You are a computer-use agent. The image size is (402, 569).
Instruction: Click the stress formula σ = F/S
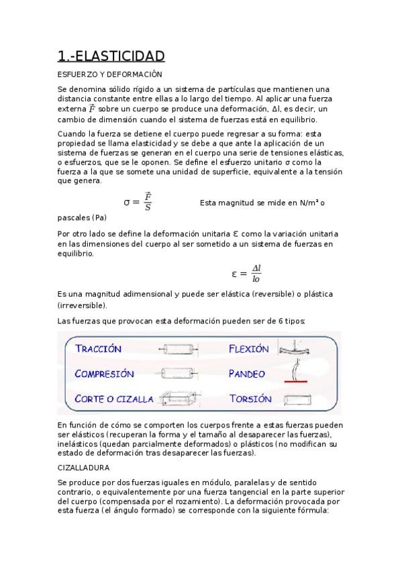point(139,201)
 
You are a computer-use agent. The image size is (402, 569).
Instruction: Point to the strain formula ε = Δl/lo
point(246,273)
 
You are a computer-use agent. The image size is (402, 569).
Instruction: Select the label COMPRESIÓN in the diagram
point(104,374)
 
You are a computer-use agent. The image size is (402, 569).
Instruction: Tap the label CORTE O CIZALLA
point(114,399)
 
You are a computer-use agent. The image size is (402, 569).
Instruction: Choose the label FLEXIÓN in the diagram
point(248,349)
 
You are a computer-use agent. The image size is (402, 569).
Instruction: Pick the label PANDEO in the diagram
point(247,374)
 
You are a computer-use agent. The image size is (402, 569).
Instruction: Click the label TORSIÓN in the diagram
point(250,399)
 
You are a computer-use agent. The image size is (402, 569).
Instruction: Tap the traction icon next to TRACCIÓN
point(177,349)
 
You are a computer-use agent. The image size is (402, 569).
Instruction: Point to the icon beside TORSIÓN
point(296,399)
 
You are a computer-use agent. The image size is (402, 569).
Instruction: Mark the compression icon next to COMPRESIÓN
point(177,374)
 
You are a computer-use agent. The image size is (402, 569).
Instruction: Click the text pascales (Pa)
point(82,217)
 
